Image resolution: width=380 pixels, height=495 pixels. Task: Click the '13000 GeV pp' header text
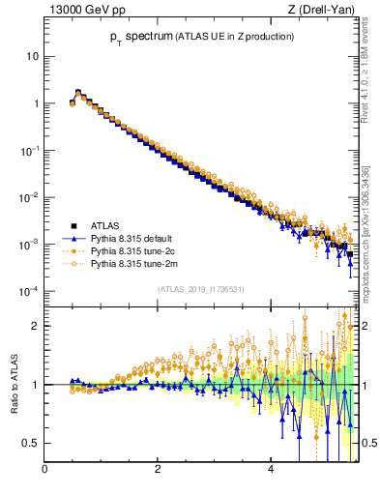85,11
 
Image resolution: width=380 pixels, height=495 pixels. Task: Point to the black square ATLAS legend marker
73,224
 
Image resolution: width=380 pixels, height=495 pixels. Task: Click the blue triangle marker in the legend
73,237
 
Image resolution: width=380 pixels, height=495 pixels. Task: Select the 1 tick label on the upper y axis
36,103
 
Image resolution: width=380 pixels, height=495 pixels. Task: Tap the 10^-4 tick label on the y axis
30,291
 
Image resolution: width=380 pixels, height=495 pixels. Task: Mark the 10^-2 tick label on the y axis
30,197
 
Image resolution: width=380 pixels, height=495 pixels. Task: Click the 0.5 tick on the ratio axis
32,443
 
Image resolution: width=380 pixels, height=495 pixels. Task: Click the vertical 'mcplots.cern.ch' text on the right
368,232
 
